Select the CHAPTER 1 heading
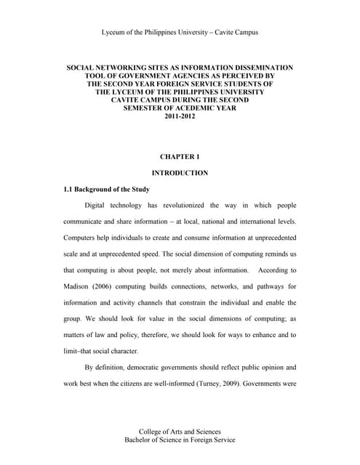(179, 156)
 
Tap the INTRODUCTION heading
(179, 173)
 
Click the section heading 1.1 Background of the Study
(107, 189)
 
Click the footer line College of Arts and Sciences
(179, 432)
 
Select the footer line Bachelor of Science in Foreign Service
(179, 440)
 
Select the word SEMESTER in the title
(139, 108)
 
